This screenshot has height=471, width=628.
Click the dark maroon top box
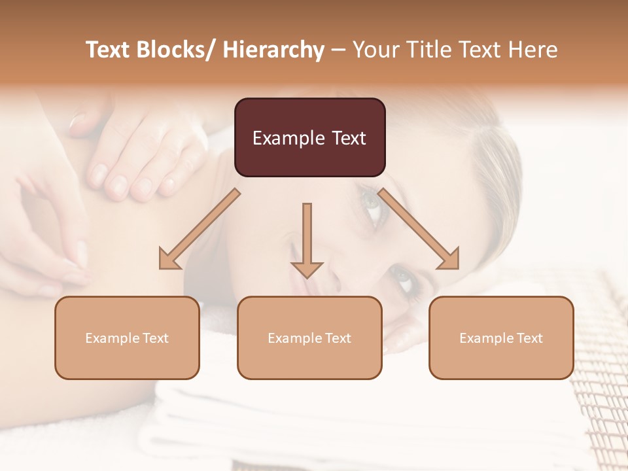pos(309,137)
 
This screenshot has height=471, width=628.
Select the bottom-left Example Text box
pos(127,338)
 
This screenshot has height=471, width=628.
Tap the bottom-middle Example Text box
pos(309,338)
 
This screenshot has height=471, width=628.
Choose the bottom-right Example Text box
pos(501,338)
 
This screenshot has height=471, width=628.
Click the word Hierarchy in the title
pos(273,50)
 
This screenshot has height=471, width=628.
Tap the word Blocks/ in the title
pos(177,50)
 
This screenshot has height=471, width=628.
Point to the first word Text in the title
pos(109,50)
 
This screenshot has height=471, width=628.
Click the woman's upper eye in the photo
pos(372,204)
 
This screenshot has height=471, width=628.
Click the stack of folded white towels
pos(262,419)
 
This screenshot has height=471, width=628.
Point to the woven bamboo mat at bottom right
pos(599,392)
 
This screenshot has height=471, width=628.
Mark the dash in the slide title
pos(338,50)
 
